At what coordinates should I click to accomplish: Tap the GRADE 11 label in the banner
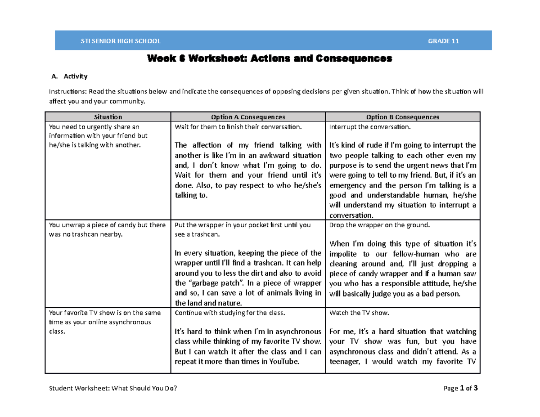click(x=443, y=41)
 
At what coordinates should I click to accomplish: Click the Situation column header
click(x=108, y=117)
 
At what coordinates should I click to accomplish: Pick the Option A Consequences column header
click(x=249, y=117)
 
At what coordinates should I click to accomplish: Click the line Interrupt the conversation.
click(x=370, y=127)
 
